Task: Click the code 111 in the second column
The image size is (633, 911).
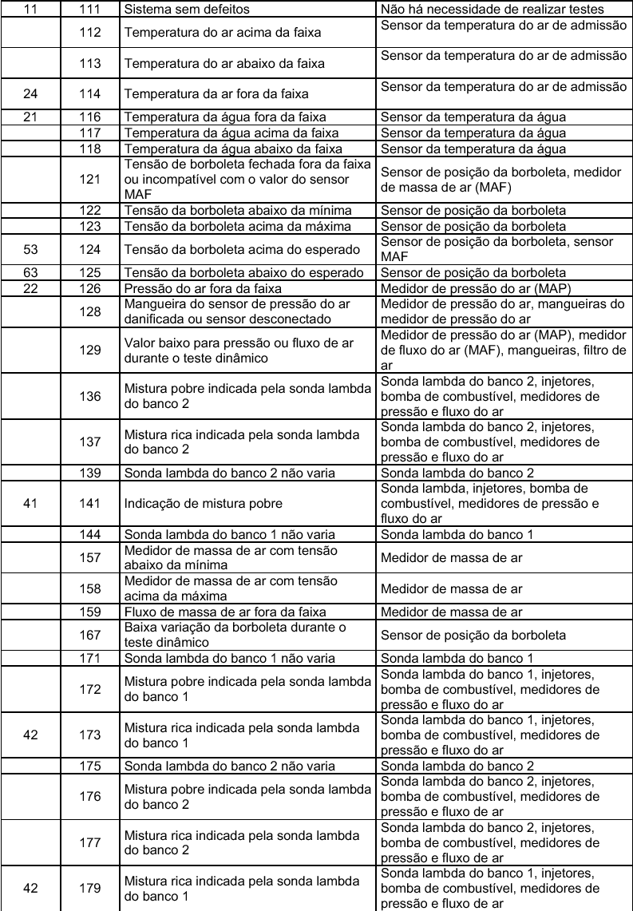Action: tap(90, 10)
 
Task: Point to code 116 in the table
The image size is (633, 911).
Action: tap(90, 117)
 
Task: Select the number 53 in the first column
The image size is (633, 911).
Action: tap(30, 249)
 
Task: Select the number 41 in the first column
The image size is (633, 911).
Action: tap(30, 504)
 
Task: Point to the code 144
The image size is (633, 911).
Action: tap(90, 533)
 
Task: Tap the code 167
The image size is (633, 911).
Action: tap(90, 635)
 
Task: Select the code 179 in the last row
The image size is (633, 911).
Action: tap(90, 889)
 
